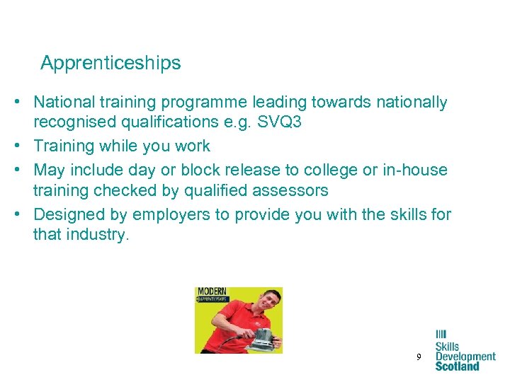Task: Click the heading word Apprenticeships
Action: coord(110,63)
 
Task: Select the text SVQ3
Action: coord(278,122)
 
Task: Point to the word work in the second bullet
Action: coord(193,146)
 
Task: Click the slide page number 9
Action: coord(419,358)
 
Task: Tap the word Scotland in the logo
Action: coord(457,366)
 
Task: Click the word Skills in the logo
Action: coord(448,347)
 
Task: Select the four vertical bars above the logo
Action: coord(441,334)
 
